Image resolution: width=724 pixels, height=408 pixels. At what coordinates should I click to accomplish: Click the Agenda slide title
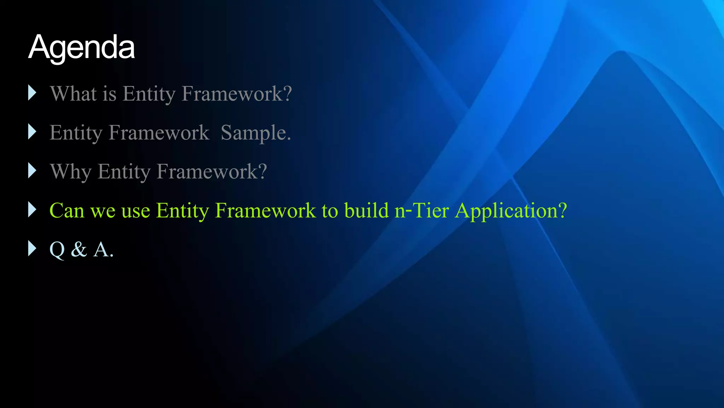[x=81, y=47]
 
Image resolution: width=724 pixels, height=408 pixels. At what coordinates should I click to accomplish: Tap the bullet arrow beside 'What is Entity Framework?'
[x=32, y=93]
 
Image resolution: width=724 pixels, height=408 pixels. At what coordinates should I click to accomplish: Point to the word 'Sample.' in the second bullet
[x=256, y=133]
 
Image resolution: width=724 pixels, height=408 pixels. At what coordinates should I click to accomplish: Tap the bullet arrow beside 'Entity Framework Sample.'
[x=32, y=132]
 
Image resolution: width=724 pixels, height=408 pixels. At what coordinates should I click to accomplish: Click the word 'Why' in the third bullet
[x=70, y=172]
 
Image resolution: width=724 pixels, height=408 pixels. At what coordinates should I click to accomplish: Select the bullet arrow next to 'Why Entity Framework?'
[x=32, y=171]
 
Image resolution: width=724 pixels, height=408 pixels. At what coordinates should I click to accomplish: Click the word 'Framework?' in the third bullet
[x=211, y=172]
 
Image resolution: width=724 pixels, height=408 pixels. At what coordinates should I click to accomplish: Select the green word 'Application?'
[x=511, y=211]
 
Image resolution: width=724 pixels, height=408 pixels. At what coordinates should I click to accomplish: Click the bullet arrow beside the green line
[x=32, y=210]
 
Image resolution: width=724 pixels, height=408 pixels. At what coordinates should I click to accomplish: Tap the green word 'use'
[x=136, y=211]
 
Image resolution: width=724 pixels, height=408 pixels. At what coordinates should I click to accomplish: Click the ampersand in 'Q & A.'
[x=79, y=249]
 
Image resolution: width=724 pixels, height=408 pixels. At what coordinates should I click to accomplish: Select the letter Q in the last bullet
[x=57, y=250]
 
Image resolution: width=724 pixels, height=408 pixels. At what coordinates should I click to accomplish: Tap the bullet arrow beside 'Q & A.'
[x=32, y=249]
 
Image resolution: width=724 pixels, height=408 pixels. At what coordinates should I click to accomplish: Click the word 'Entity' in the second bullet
[x=76, y=133]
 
